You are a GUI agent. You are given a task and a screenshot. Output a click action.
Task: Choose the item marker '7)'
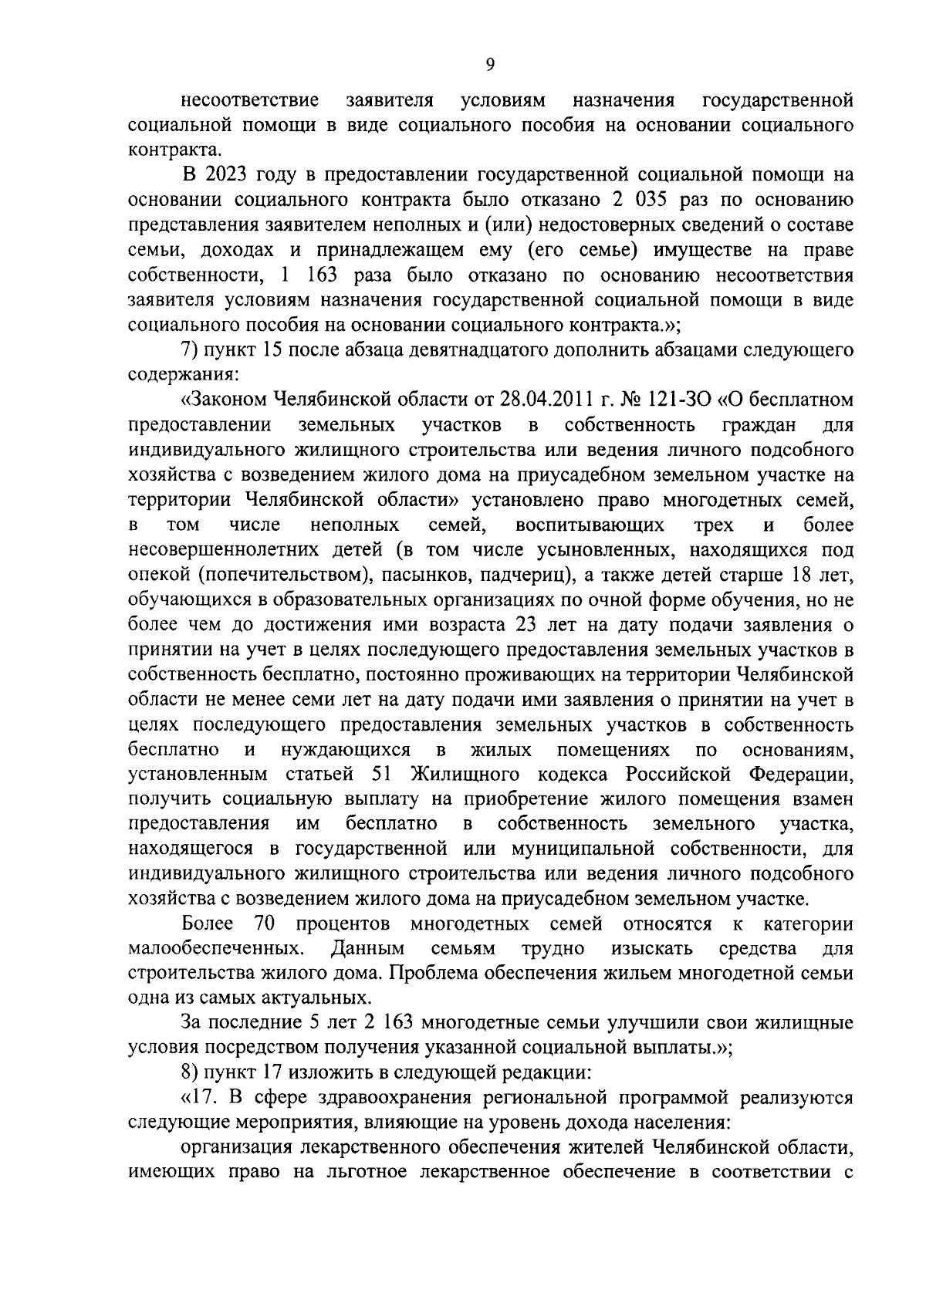(191, 350)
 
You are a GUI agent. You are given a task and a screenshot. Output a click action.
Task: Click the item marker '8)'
(191, 1073)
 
